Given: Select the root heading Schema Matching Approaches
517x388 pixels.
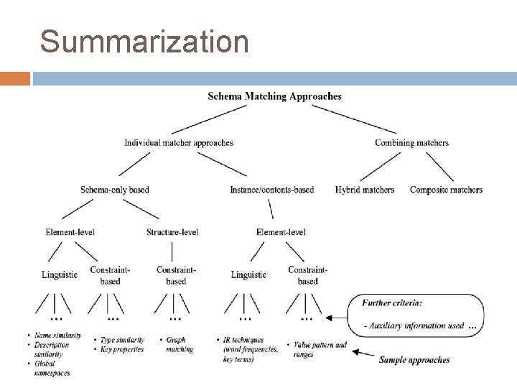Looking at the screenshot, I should pyautogui.click(x=274, y=96).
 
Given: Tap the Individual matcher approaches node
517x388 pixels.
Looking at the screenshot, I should pyautogui.click(x=179, y=142).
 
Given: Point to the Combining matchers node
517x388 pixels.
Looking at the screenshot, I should pyautogui.click(x=411, y=142).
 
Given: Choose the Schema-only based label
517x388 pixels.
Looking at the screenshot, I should pyautogui.click(x=115, y=190).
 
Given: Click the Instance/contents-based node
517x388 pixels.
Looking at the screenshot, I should pyautogui.click(x=271, y=190).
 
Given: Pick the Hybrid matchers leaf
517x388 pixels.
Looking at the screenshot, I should pyautogui.click(x=365, y=190).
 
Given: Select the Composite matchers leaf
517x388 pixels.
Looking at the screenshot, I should pyautogui.click(x=446, y=190).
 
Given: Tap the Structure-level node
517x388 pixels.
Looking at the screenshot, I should pyautogui.click(x=172, y=232).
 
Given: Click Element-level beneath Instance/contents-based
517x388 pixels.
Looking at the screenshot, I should pyautogui.click(x=281, y=232).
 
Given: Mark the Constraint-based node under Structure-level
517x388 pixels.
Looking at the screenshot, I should pyautogui.click(x=176, y=275).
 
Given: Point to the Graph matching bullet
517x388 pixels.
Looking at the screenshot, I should pyautogui.click(x=180, y=345).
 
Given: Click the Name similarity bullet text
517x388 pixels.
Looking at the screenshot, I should pyautogui.click(x=57, y=336).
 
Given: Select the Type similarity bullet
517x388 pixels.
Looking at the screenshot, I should pyautogui.click(x=122, y=340).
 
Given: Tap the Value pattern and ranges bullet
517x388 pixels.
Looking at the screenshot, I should pyautogui.click(x=320, y=349).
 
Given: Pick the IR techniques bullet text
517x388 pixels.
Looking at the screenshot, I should pyautogui.click(x=244, y=340).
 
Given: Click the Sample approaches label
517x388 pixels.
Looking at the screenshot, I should pyautogui.click(x=414, y=359).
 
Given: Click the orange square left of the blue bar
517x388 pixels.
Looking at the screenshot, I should pyautogui.click(x=15, y=78).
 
